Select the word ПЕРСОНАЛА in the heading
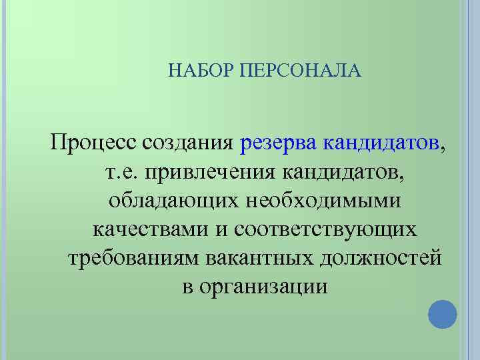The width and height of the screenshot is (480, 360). pos(299,71)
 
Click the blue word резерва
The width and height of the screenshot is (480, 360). pos(279,143)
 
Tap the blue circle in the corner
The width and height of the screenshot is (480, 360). pos(442,313)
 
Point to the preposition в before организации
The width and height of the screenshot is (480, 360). pos(187,287)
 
